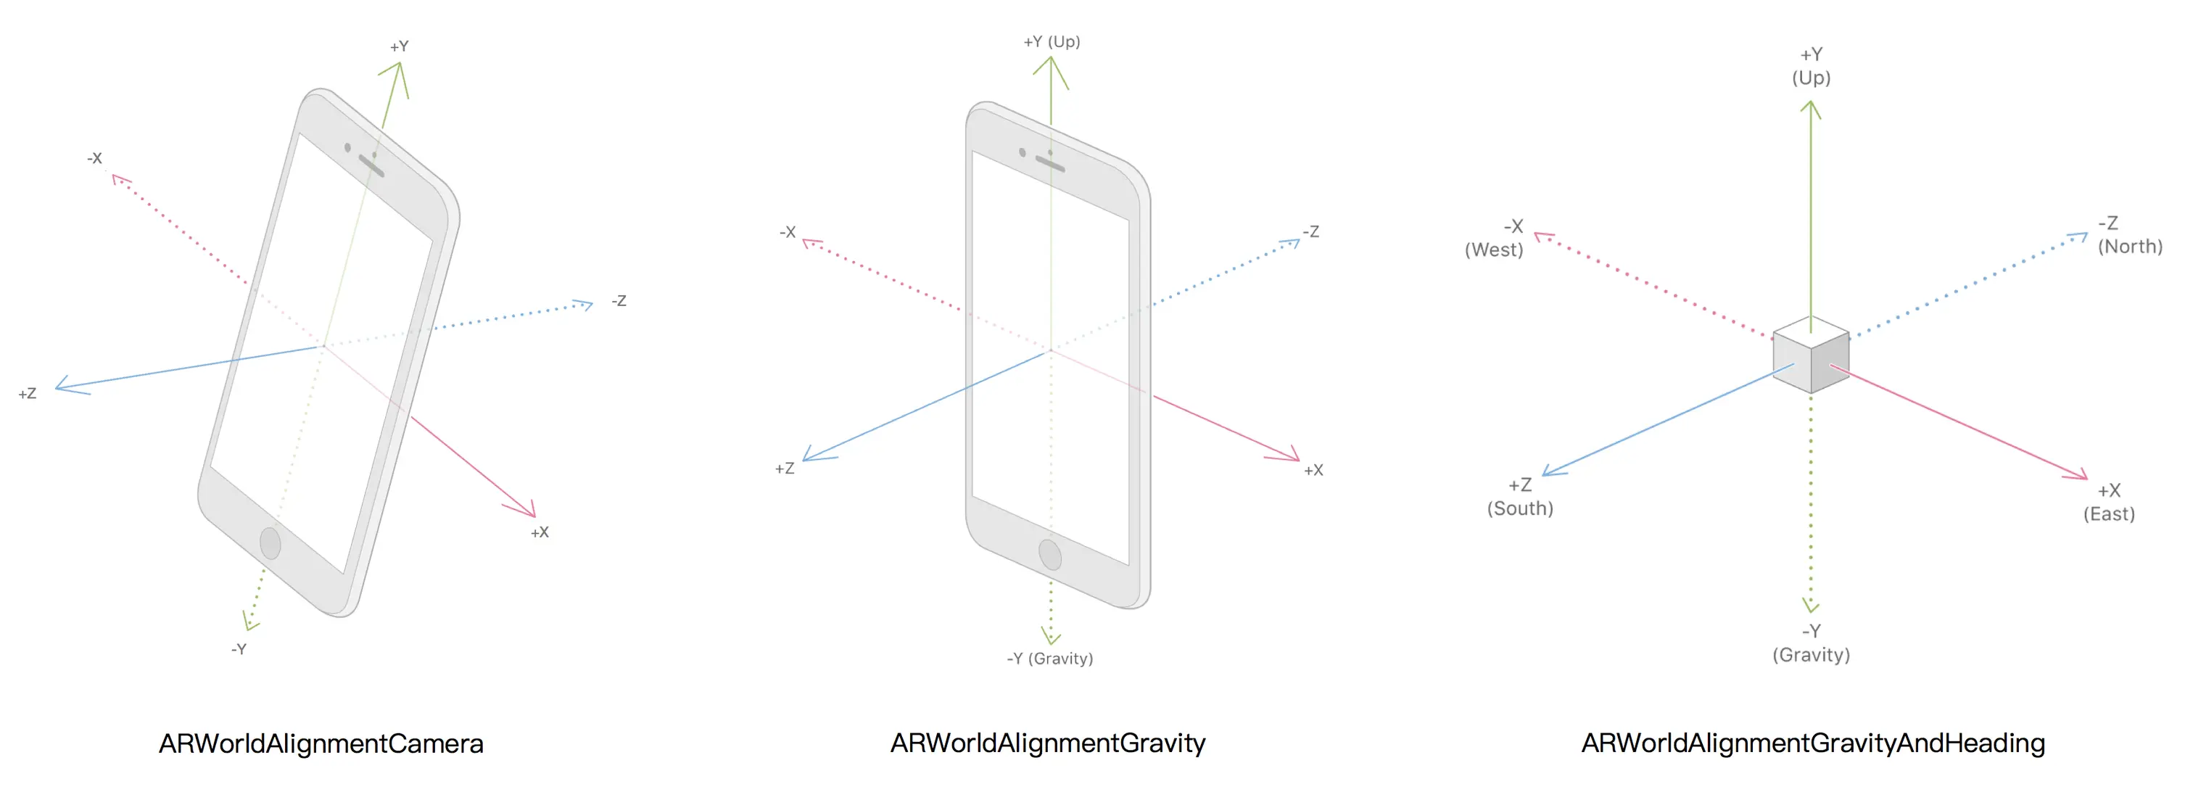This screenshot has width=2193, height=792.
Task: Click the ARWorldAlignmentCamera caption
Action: point(321,743)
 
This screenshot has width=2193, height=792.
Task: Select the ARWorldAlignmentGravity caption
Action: point(1048,743)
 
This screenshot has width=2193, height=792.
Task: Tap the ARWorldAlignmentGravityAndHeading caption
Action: point(1813,743)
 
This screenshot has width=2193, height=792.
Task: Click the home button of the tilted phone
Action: point(270,543)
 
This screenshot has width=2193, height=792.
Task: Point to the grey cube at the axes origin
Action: point(1811,355)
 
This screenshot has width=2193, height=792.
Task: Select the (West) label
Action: point(1494,250)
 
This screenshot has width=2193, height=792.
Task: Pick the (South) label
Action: point(1521,508)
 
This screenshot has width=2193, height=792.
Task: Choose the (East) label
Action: point(2109,514)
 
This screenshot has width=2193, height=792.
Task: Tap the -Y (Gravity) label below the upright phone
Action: point(1049,659)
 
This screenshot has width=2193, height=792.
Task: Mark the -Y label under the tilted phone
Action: point(239,649)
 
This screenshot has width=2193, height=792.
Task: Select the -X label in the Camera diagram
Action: point(94,158)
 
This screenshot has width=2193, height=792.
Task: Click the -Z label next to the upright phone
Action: point(1311,231)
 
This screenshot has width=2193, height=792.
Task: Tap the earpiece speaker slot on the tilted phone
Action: point(372,166)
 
